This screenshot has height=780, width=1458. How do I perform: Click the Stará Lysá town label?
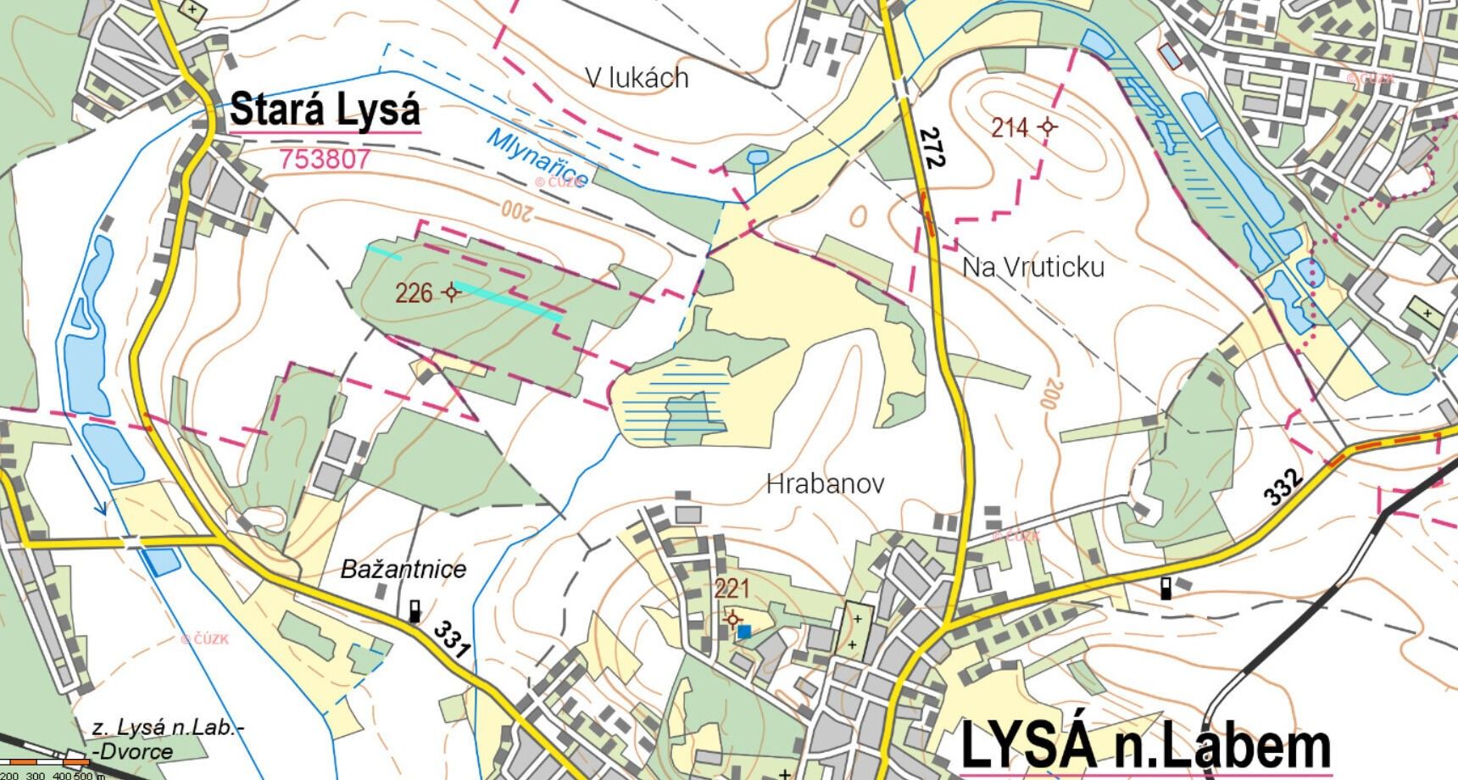(x=325, y=110)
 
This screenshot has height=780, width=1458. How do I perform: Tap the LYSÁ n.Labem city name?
(x=1145, y=746)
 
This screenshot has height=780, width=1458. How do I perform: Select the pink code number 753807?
(x=326, y=159)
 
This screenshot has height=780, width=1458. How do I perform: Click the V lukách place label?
(x=637, y=78)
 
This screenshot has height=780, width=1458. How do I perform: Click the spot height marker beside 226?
(x=451, y=292)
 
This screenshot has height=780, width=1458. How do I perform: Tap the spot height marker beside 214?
(x=1048, y=127)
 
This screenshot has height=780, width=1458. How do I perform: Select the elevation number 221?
(x=732, y=588)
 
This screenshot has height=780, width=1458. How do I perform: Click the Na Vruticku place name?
(x=1032, y=267)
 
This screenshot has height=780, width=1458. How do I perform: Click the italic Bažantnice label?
(x=403, y=568)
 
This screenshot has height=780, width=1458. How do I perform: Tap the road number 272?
(x=931, y=147)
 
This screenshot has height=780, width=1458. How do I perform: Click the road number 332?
(x=1283, y=487)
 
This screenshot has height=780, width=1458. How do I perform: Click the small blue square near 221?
(x=743, y=631)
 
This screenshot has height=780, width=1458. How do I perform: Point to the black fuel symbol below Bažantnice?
(x=415, y=610)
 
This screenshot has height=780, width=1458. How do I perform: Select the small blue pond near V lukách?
(x=757, y=157)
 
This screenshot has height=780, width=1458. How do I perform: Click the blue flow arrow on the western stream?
(x=100, y=506)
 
